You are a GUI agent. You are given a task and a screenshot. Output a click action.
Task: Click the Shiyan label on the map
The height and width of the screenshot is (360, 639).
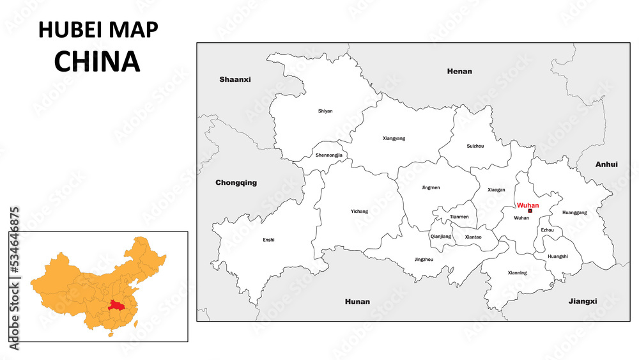325,111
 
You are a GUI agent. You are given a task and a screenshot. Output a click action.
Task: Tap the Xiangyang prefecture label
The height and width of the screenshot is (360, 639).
394,138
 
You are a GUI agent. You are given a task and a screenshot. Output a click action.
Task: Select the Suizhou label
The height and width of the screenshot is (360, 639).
475,146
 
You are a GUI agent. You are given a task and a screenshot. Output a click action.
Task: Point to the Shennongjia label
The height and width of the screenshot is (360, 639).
329,155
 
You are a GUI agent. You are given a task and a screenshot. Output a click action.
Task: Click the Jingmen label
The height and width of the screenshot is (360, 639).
431,188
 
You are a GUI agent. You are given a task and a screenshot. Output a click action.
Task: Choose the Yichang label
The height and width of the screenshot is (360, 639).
359,212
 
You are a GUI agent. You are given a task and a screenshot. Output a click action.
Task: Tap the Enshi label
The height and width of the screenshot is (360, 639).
268,240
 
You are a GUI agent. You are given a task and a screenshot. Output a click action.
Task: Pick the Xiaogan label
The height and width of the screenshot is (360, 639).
496,190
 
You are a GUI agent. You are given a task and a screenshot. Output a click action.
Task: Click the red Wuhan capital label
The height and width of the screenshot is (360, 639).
528,205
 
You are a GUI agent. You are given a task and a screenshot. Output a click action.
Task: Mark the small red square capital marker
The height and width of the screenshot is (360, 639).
530,211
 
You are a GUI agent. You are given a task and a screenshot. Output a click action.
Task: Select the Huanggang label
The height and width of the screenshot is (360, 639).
574,212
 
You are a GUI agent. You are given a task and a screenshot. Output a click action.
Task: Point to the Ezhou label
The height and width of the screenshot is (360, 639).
548,230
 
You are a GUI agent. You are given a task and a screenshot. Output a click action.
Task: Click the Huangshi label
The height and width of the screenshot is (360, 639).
558,256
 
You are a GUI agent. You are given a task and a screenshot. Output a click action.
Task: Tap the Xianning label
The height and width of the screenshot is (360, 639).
517,273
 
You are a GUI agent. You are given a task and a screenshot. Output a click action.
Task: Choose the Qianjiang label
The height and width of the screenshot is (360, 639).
441,237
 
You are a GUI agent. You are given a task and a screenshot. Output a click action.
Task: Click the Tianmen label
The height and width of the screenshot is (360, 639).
459,217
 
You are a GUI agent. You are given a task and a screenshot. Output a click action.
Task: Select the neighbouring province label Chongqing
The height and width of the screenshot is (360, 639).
236,182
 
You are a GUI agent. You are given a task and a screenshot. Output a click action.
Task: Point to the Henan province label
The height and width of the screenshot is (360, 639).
459,71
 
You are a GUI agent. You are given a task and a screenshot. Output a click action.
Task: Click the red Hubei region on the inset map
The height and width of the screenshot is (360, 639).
116,306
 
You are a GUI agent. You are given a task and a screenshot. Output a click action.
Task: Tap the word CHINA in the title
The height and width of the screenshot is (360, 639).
97,61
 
